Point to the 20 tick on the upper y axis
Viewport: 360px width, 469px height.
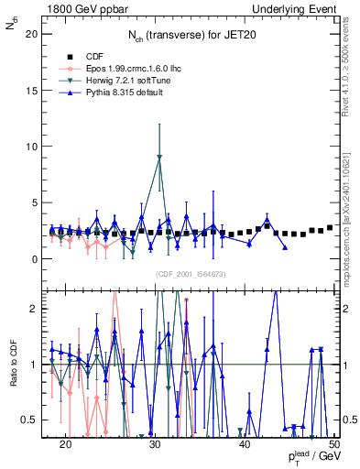tap(35, 34)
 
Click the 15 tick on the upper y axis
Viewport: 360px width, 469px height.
tap(35, 90)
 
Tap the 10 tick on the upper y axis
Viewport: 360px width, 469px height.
tap(35, 147)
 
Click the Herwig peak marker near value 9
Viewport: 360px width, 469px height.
tap(159, 158)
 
